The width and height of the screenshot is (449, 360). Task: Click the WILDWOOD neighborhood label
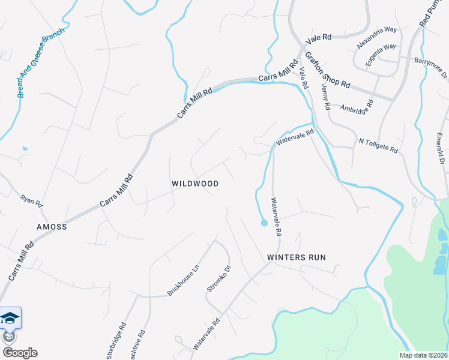point(195,184)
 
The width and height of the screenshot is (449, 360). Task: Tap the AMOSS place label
point(52,227)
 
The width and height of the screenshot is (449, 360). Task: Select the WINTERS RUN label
point(297,257)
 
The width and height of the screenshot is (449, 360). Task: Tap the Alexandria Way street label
point(376,37)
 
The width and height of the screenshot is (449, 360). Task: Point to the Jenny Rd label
point(326,96)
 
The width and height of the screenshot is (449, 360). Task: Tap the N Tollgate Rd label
point(378,145)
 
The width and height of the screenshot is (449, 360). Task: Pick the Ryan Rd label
point(32,200)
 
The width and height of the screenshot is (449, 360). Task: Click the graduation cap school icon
point(10,317)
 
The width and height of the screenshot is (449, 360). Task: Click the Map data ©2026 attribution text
point(423,355)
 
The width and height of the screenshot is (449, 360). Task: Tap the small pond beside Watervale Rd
point(264,224)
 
